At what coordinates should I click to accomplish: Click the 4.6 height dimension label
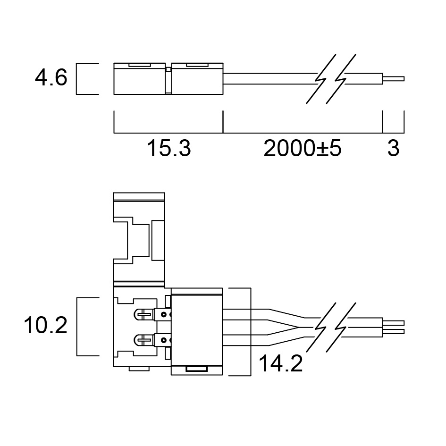(x=51, y=78)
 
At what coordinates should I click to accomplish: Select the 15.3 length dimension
(x=168, y=148)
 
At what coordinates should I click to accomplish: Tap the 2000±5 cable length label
(x=302, y=148)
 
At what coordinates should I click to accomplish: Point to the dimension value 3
(x=394, y=148)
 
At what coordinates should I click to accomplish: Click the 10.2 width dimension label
(x=46, y=325)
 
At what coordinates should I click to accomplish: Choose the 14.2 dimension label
(x=281, y=363)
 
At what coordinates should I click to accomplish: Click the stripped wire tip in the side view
(x=394, y=78)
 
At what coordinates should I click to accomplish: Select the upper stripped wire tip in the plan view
(x=394, y=323)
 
